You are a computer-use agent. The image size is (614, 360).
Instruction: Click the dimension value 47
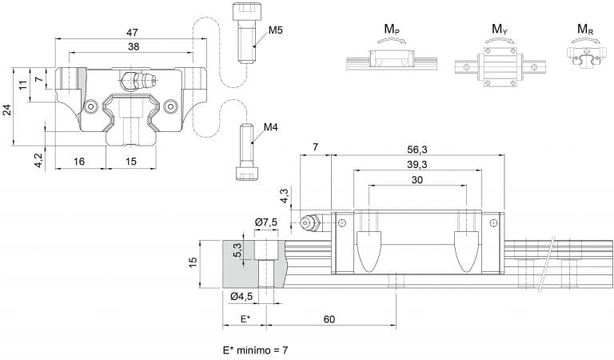[132, 32]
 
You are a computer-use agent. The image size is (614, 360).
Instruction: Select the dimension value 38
[134, 47]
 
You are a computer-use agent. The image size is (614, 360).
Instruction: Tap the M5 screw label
[276, 30]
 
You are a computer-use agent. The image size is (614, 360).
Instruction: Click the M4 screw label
[271, 126]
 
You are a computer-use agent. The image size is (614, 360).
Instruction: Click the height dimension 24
[7, 109]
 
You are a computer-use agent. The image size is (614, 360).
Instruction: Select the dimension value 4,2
[38, 159]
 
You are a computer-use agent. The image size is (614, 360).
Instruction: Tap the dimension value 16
[78, 161]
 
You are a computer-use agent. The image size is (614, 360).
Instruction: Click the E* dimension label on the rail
[245, 318]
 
